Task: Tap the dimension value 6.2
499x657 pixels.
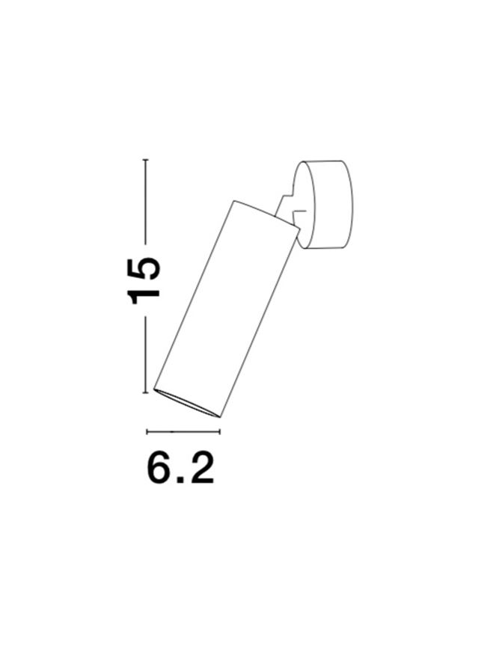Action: point(180,468)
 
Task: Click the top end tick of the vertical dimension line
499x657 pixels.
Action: point(145,160)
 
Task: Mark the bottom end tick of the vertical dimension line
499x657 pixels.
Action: point(145,392)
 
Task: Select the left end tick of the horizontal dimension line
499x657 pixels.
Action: point(147,431)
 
